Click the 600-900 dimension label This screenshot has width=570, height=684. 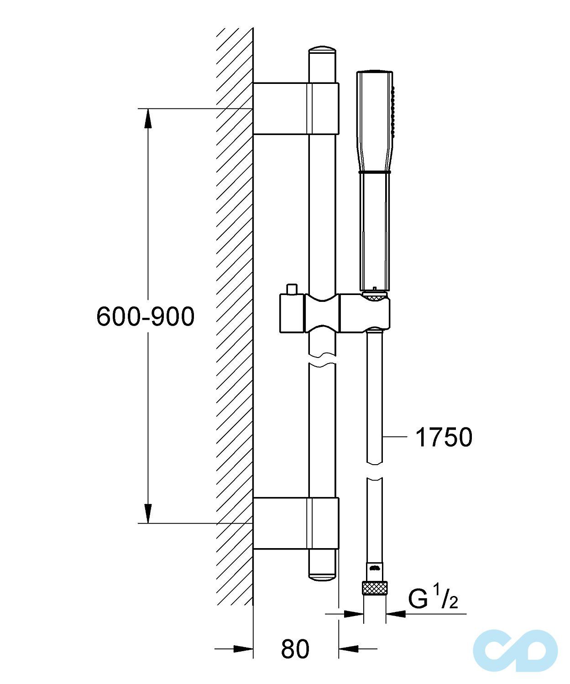tap(145, 316)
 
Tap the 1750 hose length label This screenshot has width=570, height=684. tap(444, 437)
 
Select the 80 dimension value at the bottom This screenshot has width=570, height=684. tap(295, 649)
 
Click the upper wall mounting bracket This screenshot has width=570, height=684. tap(296, 109)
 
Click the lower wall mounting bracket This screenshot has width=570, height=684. tap(296, 523)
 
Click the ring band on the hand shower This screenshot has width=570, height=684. tap(375, 172)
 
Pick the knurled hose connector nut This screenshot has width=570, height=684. tap(374, 588)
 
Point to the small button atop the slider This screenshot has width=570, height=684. tap(291, 289)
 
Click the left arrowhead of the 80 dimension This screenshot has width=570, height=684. tap(242, 648)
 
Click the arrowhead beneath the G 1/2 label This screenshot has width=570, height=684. tap(396, 614)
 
